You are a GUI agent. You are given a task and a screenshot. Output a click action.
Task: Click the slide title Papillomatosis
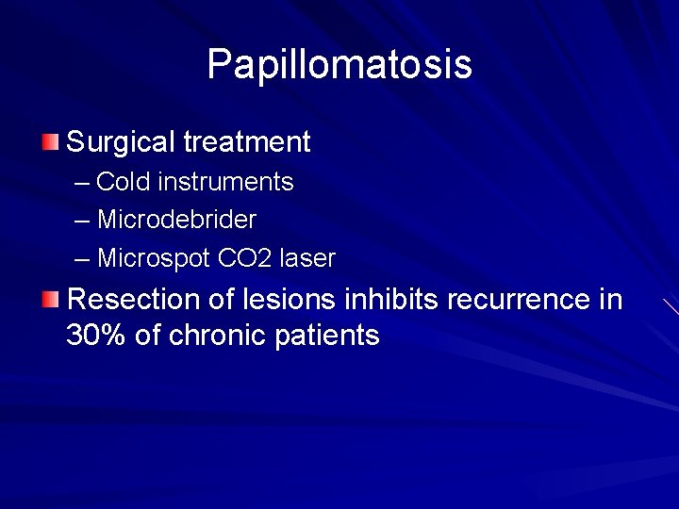point(339,65)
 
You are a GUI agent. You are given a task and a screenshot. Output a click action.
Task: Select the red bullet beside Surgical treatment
point(50,142)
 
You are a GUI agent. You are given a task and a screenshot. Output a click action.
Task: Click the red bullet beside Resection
point(50,300)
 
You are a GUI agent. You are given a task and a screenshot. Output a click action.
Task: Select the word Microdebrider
point(176,220)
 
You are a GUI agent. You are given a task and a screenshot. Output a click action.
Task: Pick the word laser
point(307,257)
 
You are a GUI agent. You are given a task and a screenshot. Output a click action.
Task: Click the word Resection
point(132,300)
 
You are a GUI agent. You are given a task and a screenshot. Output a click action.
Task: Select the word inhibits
point(392,300)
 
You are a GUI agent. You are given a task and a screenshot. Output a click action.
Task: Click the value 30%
point(96,336)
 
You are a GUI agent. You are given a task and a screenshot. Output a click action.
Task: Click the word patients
point(327,336)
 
